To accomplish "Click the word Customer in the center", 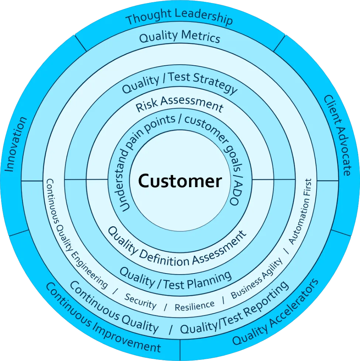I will pyautogui.click(x=180, y=181).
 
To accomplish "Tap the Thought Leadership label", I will pyautogui.click(x=179, y=17).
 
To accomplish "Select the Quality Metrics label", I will pyautogui.click(x=180, y=37).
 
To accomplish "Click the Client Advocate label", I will pyautogui.click(x=337, y=135).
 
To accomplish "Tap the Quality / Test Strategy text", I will pyautogui.click(x=180, y=83).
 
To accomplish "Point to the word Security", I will pyautogui.click(x=140, y=301).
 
